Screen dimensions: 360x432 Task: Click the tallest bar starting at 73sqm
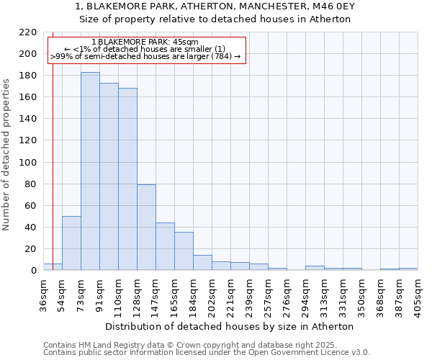[90, 171]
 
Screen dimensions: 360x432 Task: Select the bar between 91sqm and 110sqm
[109, 176]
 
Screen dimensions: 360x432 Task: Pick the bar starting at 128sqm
[146, 228]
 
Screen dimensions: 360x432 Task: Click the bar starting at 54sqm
[71, 243]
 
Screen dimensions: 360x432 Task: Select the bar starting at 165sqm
[184, 251]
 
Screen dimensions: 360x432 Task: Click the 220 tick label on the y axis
[27, 32]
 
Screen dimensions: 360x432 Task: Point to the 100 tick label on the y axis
[27, 163]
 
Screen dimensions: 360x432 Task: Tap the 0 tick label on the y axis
[33, 271]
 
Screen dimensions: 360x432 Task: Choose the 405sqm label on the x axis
[418, 294]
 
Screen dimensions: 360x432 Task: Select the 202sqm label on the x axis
[212, 294]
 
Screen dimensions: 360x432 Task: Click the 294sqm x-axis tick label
[306, 294]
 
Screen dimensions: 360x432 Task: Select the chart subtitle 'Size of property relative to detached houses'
[215, 19]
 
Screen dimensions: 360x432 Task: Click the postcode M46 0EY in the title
[329, 6]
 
